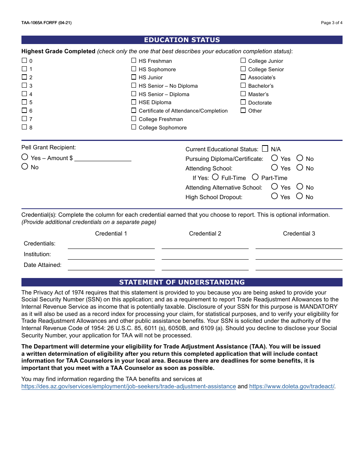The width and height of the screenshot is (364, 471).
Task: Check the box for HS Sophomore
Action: click(134, 69)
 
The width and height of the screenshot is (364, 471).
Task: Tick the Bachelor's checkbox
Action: click(243, 85)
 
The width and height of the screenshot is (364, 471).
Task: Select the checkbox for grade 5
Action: click(24, 102)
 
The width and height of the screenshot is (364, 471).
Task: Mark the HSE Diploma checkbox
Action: click(134, 102)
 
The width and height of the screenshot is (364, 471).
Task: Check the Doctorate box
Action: click(243, 102)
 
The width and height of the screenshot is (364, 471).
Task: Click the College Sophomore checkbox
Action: click(134, 127)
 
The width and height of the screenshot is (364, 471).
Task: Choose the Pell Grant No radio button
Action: click(25, 167)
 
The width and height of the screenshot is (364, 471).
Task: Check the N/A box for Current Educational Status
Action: click(265, 149)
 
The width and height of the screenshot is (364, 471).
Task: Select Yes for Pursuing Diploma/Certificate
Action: click(274, 158)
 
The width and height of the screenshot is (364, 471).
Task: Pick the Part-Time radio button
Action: click(255, 177)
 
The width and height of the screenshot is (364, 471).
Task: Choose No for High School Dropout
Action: click(300, 196)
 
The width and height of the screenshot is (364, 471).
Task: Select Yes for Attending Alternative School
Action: click(274, 186)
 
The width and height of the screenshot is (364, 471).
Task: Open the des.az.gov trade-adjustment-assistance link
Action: click(128, 386)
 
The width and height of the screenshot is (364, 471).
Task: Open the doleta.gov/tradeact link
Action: click(292, 386)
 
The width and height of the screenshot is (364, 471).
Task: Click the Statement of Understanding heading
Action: click(182, 282)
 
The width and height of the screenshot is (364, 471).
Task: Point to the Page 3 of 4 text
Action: click(331, 23)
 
